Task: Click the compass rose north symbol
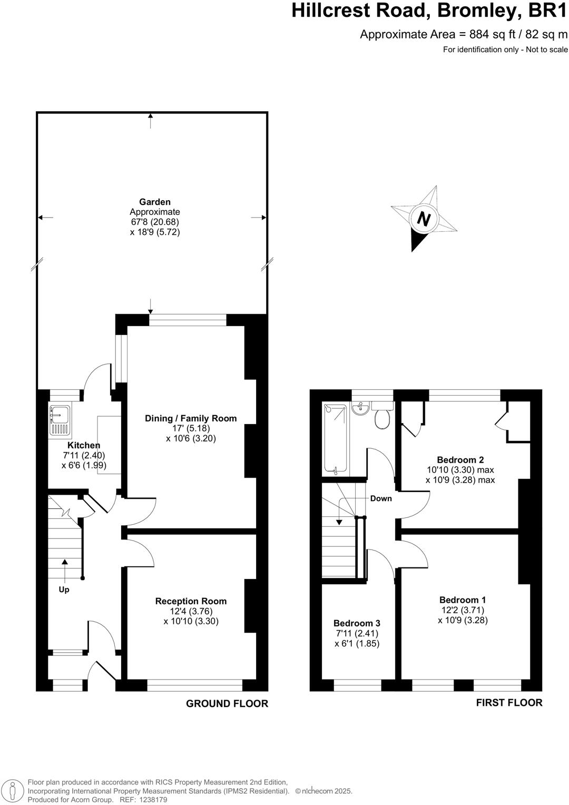click(424, 219)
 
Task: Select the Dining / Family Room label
click(191, 418)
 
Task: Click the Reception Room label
click(191, 601)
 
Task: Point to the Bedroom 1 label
click(463, 600)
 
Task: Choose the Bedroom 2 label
click(460, 459)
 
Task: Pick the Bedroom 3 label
click(357, 623)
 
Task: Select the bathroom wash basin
click(361, 409)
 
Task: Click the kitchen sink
click(59, 420)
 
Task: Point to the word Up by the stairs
click(64, 590)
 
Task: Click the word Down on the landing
click(381, 498)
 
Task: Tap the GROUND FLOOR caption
click(227, 703)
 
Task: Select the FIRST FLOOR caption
click(509, 702)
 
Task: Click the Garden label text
click(155, 202)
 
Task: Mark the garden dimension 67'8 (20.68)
click(155, 222)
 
